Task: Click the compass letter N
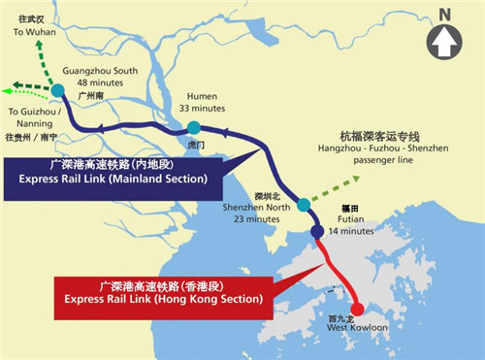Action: tap(444, 14)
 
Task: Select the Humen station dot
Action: tap(195, 128)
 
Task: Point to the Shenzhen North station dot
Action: tap(304, 204)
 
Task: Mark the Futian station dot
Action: tap(317, 232)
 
